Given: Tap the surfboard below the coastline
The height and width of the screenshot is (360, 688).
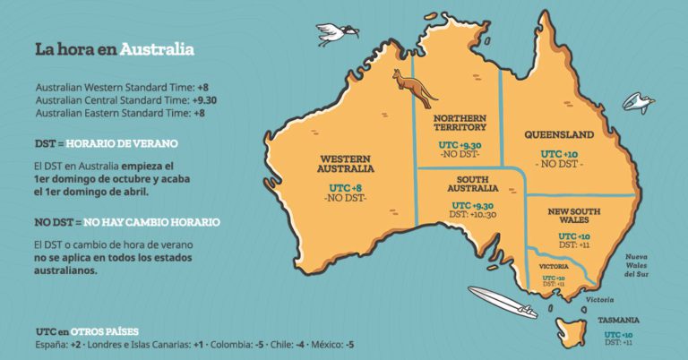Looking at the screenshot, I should pyautogui.click(x=503, y=303).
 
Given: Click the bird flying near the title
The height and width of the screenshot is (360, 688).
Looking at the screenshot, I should pyautogui.click(x=336, y=34).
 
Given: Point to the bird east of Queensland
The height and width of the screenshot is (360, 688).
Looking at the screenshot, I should pyautogui.click(x=638, y=103).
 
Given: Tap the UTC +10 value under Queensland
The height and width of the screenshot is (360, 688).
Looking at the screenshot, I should pyautogui.click(x=558, y=154).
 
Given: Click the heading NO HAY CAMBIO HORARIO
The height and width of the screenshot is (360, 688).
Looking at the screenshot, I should pyautogui.click(x=151, y=221).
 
